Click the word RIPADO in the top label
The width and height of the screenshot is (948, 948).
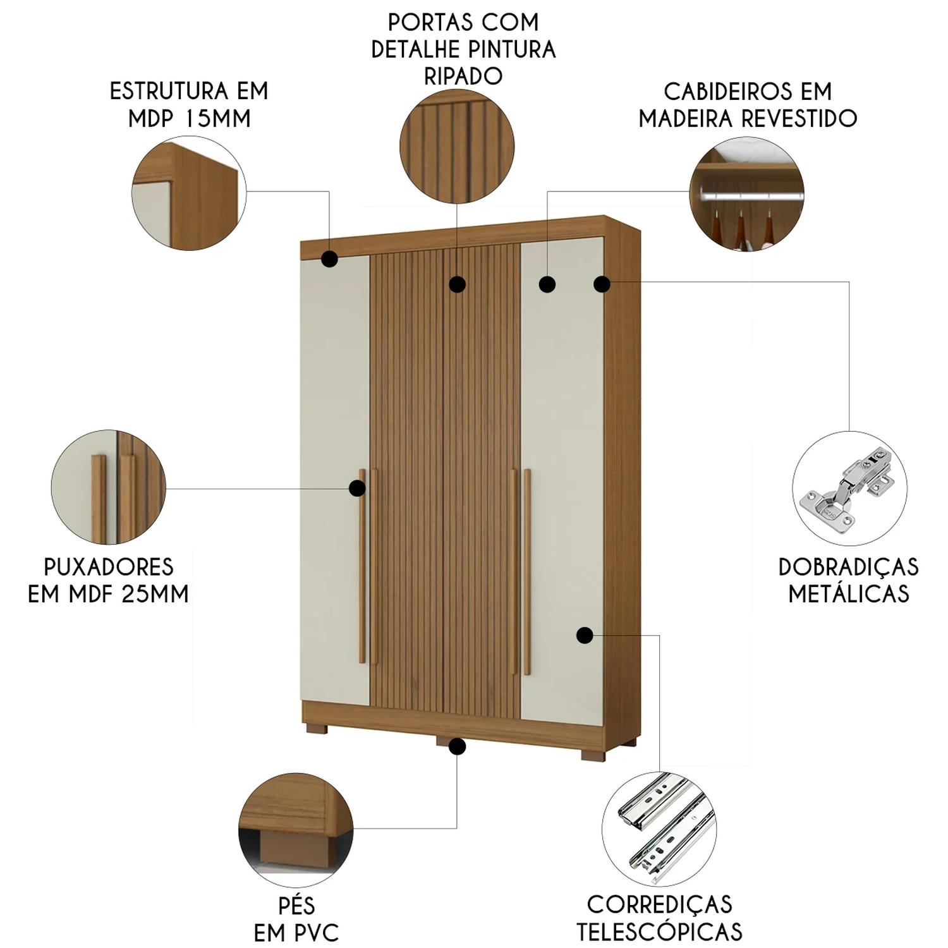tap(463, 76)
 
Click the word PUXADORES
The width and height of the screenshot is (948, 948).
tap(109, 567)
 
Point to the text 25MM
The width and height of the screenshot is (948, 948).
tap(155, 594)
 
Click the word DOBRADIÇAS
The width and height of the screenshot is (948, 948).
tap(849, 567)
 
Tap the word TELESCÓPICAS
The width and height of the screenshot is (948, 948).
tap(659, 932)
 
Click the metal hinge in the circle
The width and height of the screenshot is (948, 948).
tap(848, 487)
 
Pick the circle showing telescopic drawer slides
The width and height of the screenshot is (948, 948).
tap(659, 829)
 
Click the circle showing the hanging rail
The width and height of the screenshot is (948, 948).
tap(746, 194)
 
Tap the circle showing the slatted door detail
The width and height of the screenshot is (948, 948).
tap(457, 147)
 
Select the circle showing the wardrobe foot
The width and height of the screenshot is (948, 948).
tap(296, 830)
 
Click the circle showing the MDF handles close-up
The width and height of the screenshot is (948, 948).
tap(109, 487)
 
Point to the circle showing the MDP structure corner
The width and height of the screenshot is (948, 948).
tap(189, 193)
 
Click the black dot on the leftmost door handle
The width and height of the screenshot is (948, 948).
tap(358, 488)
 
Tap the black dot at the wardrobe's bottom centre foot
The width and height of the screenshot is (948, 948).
tap(458, 747)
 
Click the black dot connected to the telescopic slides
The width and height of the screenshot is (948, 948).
tap(585, 635)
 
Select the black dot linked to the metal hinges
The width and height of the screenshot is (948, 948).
tap(602, 284)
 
